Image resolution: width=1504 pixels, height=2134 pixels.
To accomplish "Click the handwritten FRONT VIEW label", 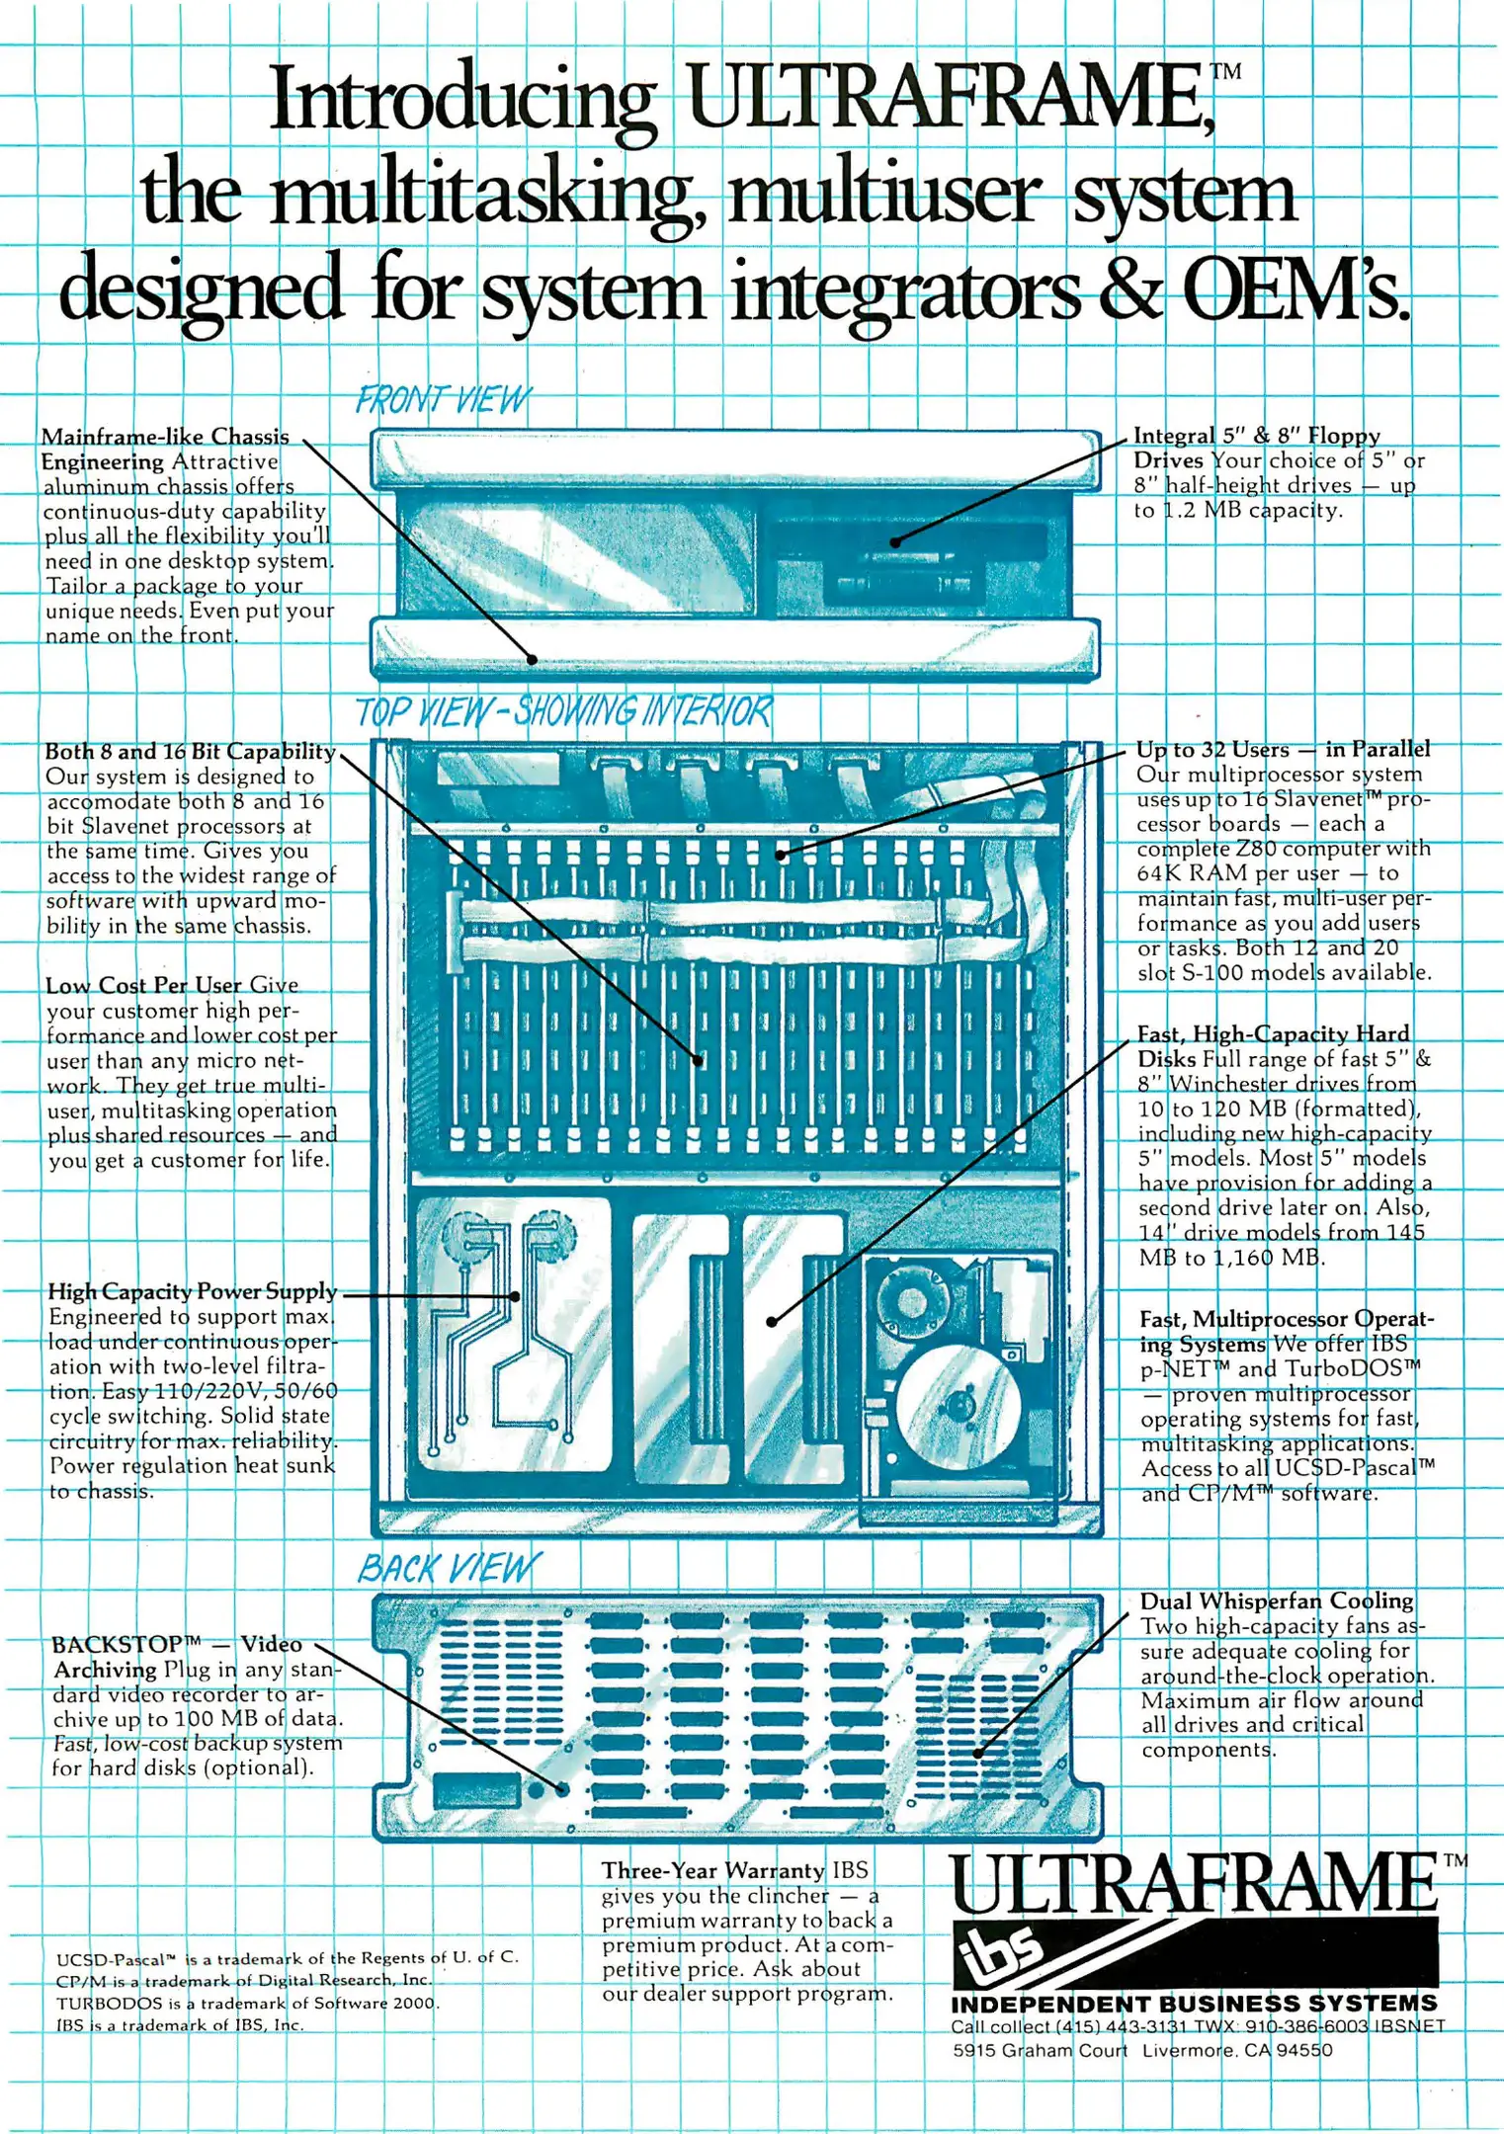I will pyautogui.click(x=443, y=399).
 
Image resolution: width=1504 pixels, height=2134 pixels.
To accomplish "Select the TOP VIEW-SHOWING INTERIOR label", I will pyautogui.click(x=563, y=711).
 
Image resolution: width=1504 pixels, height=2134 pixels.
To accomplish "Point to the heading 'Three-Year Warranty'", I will pyautogui.click(x=712, y=1870).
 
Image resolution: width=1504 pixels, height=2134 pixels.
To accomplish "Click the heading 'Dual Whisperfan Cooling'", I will pyautogui.click(x=1277, y=1600).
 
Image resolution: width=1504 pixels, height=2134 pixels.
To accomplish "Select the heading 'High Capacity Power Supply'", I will pyautogui.click(x=193, y=1291).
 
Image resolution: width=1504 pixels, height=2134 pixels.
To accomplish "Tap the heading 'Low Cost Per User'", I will pyautogui.click(x=143, y=985).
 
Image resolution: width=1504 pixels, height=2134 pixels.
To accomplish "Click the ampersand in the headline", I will pyautogui.click(x=1127, y=289).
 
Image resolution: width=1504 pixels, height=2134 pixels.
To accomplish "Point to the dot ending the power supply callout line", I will pyautogui.click(x=516, y=1296).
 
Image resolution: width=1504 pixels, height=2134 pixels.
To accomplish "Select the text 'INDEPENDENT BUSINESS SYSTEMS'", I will pyautogui.click(x=1194, y=2004).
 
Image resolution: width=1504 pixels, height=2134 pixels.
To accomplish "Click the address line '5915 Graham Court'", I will pyautogui.click(x=1040, y=2050).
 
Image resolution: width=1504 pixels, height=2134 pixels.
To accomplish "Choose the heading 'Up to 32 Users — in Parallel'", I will pyautogui.click(x=1283, y=749).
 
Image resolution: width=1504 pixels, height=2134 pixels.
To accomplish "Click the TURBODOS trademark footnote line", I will pyautogui.click(x=247, y=2003).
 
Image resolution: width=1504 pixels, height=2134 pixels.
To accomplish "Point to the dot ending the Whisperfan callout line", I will pyautogui.click(x=977, y=1754).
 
